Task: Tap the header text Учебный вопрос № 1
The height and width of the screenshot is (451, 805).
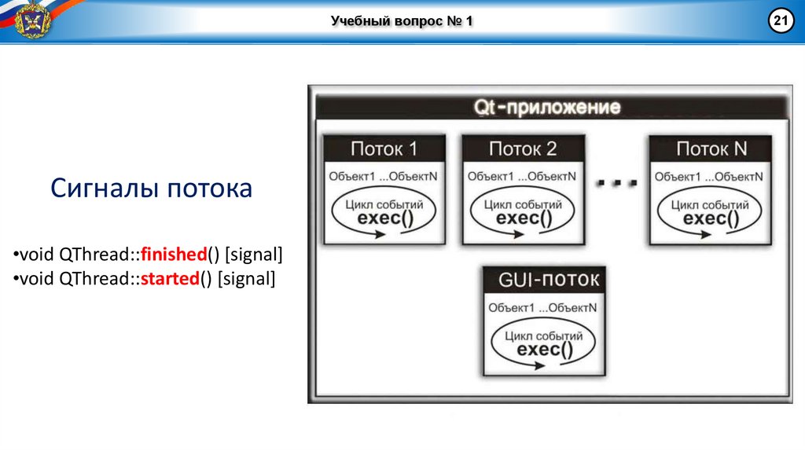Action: tap(402, 21)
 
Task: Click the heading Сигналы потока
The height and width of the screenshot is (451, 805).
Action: tap(152, 189)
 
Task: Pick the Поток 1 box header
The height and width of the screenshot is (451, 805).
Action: tap(384, 148)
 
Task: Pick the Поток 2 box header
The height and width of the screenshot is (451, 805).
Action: tap(523, 148)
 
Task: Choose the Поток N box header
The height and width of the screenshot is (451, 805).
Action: tap(711, 148)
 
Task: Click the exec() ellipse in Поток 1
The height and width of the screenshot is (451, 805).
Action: tap(384, 213)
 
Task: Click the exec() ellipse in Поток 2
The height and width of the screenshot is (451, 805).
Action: tap(523, 213)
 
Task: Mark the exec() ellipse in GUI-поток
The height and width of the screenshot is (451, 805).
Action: tap(542, 343)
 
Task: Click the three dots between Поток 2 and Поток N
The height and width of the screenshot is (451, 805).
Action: tap(616, 184)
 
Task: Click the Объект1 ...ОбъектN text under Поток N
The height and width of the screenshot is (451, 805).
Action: tap(709, 177)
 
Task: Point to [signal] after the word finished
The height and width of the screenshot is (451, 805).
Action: tap(253, 255)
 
